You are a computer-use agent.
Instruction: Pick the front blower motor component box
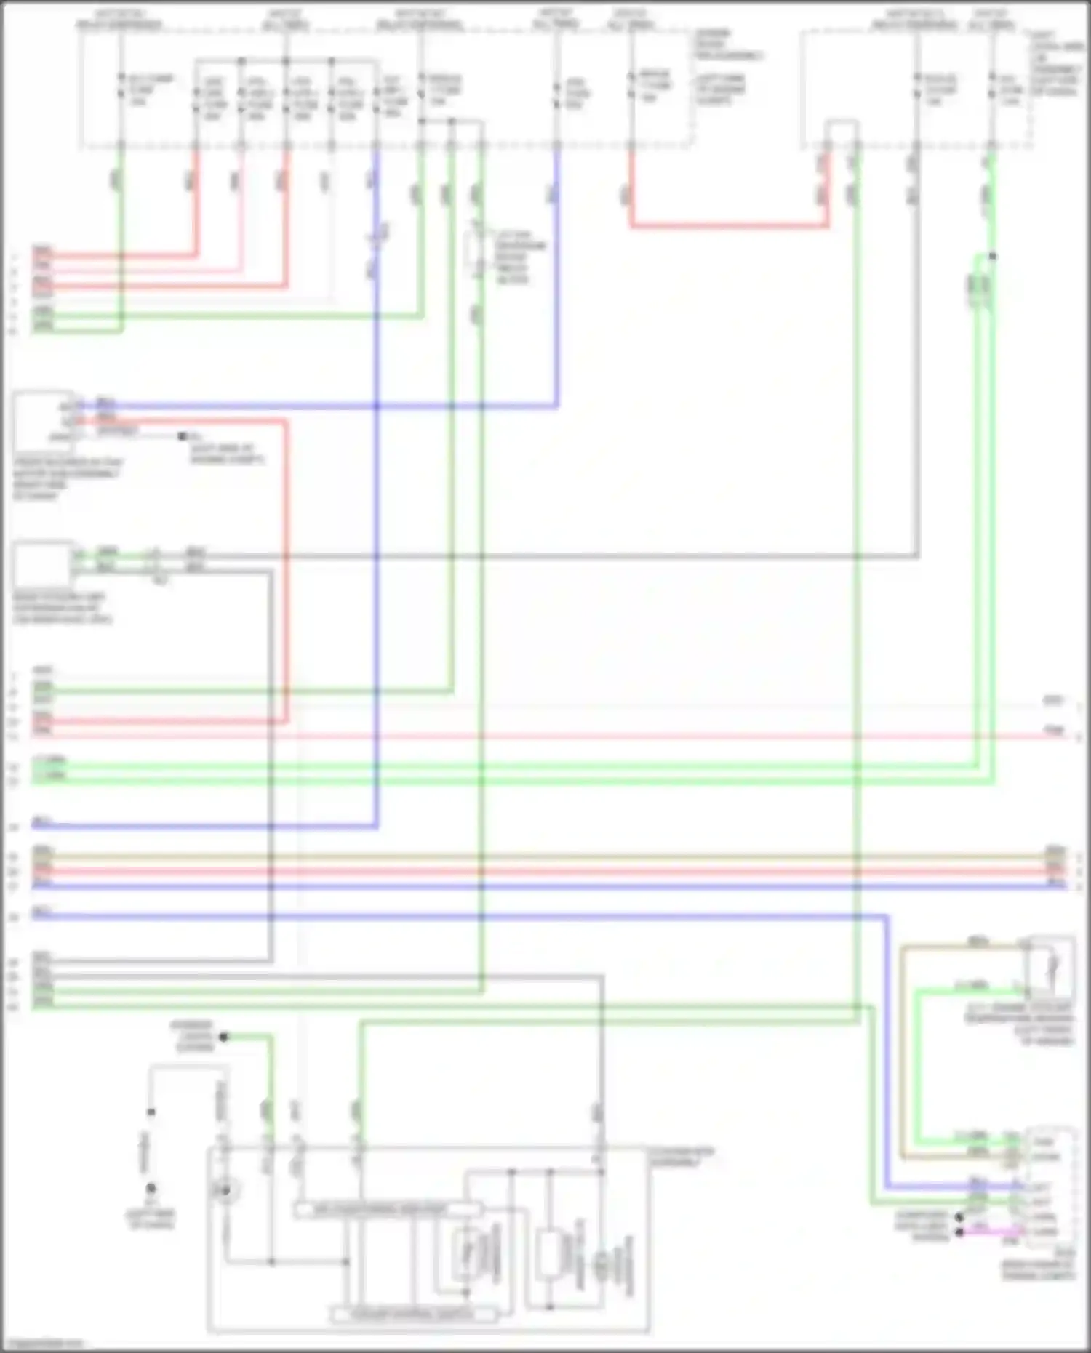(x=42, y=421)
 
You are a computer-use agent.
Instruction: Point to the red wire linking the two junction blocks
(x=727, y=226)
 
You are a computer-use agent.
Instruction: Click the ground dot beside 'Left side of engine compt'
(x=183, y=436)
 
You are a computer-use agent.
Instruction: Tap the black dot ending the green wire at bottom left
(x=224, y=1037)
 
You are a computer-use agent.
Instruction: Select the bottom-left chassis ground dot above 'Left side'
(x=151, y=1188)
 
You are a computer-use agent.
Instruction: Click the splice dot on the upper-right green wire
(x=993, y=256)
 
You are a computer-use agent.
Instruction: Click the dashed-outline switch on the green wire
(x=477, y=254)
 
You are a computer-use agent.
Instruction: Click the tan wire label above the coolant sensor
(x=978, y=942)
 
